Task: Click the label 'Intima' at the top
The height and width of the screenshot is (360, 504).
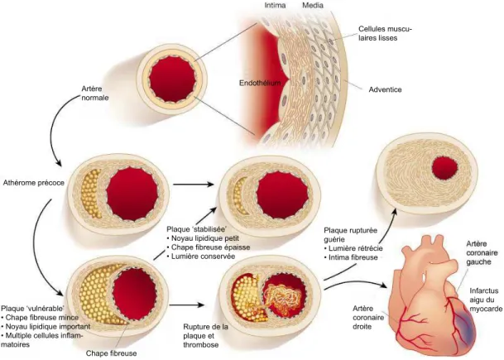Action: tap(275, 5)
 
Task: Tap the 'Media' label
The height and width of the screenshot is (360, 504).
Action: tap(313, 5)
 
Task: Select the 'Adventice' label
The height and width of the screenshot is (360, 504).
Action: tap(385, 89)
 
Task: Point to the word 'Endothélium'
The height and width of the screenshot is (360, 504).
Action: tap(260, 83)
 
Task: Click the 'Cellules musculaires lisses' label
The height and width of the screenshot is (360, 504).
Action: tap(385, 33)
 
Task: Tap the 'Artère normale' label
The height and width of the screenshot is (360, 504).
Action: tap(95, 93)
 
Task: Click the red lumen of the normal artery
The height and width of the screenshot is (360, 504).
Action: tap(172, 79)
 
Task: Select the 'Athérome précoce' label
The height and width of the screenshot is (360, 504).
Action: tap(34, 183)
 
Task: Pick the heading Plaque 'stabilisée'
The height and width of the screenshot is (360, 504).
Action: tap(197, 229)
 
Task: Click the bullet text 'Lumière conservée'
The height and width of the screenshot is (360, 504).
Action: tap(203, 257)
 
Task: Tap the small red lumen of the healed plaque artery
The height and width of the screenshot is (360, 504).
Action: tap(444, 168)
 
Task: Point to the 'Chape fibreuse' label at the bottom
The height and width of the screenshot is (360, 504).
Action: tap(111, 353)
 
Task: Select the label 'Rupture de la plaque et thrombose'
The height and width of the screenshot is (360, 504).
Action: tap(206, 336)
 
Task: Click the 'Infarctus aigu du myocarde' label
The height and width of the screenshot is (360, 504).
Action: tap(486, 300)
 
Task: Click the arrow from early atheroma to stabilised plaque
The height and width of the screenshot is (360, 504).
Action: tap(194, 185)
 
